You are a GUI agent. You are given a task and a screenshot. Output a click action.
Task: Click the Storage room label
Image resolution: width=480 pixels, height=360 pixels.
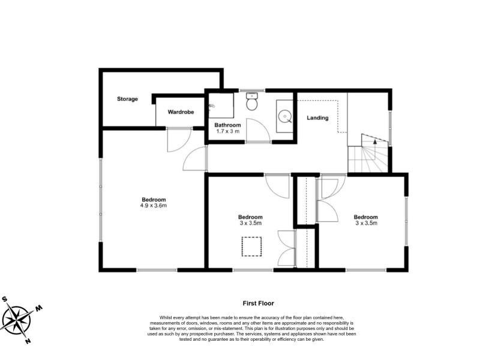pos(127,99)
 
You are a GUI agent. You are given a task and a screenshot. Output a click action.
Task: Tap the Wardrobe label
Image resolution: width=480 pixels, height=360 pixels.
pos(181,112)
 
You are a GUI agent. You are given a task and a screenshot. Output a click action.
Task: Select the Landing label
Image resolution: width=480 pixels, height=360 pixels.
pos(317,118)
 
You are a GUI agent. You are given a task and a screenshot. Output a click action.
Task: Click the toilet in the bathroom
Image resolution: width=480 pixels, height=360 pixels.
pos(252,101)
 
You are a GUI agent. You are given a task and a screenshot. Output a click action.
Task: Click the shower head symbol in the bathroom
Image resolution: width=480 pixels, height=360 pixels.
pos(212,106)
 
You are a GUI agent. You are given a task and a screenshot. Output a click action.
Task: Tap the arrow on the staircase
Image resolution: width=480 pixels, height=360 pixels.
pos(374,142)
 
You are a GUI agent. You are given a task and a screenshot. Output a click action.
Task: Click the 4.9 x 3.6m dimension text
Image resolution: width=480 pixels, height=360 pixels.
pos(154,205)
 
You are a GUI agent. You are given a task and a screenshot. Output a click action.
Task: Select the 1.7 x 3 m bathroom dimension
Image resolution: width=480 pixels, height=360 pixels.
pos(227,131)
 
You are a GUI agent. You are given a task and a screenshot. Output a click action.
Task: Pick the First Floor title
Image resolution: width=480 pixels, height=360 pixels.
pos(259,304)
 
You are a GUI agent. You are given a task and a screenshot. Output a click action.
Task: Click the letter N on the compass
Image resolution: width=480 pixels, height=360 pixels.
pos(28,341)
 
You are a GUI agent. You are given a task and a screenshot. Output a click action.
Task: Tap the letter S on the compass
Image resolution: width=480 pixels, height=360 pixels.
pos(5,299)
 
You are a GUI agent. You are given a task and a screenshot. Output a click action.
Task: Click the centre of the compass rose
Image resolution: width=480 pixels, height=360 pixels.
pos(19,320)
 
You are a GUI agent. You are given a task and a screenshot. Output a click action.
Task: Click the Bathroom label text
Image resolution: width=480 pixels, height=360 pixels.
pos(227,125)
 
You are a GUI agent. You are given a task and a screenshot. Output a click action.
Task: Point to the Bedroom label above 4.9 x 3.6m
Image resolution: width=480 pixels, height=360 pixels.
pos(154,200)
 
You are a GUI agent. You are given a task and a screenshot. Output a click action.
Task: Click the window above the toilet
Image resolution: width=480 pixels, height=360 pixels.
pos(252,91)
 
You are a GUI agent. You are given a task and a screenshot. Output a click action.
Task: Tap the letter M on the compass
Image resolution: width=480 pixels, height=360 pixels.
pos(39,308)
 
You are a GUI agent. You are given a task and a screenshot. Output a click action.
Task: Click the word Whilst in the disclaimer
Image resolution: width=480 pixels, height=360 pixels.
pos(166,318)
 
